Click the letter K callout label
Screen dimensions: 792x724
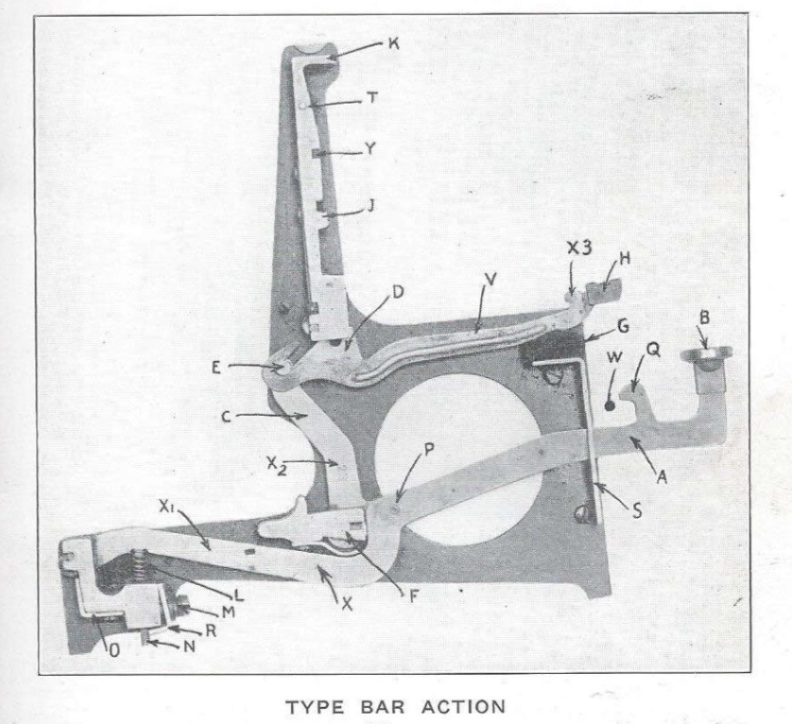(394, 44)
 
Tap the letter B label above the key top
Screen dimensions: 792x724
(704, 318)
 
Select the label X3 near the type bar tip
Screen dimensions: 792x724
(578, 248)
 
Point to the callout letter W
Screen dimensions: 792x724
(614, 357)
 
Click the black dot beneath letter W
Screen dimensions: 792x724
(610, 405)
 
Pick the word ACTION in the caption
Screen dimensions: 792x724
(463, 706)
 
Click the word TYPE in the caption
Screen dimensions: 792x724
(315, 706)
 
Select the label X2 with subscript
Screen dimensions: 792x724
(277, 465)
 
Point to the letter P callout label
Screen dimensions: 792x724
(429, 450)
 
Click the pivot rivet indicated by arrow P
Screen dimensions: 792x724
(395, 509)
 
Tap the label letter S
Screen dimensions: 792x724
(637, 511)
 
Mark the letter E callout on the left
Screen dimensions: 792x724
(216, 368)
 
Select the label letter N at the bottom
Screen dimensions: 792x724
(189, 646)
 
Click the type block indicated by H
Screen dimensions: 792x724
(604, 292)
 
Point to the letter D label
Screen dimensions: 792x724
(398, 291)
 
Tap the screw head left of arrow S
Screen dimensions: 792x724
(582, 515)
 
